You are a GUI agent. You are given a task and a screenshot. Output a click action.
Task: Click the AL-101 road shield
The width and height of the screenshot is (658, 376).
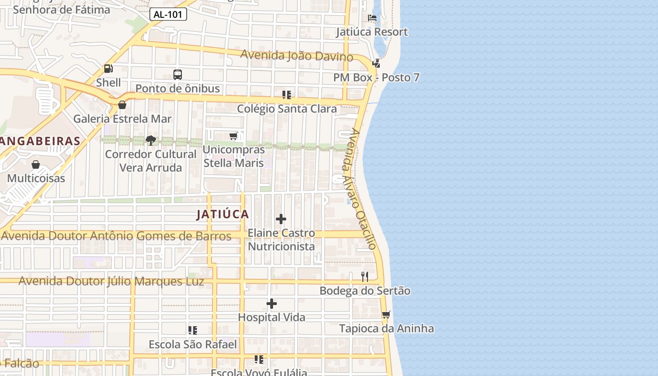[168, 15]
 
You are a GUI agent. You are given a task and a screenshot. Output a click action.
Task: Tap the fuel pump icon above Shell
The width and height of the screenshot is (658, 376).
[109, 69]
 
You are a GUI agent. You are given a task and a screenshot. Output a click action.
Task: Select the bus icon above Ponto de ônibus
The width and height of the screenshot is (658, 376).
[178, 74]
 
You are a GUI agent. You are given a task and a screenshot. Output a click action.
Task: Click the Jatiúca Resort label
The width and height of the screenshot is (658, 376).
[372, 32]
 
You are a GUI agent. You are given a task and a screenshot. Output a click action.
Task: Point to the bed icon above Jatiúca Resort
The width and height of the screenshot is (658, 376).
[372, 18]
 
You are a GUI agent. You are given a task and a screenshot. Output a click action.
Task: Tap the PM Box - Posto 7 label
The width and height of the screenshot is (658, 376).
[376, 78]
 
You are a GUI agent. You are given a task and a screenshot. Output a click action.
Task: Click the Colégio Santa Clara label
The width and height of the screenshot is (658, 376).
[287, 109]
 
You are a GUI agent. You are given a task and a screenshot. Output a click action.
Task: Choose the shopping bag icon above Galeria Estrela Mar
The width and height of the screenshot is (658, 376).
[122, 105]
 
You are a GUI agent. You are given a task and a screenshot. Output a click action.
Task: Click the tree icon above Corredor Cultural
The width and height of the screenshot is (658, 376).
[151, 140]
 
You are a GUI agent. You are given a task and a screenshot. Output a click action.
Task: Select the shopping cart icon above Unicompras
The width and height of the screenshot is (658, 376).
[233, 136]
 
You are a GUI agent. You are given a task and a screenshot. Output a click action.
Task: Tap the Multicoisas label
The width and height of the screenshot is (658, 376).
[36, 178]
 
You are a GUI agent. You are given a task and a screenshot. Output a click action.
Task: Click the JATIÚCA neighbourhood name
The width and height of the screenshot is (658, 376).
[222, 214]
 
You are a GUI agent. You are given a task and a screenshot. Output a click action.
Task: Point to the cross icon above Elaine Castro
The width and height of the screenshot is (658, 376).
[281, 219]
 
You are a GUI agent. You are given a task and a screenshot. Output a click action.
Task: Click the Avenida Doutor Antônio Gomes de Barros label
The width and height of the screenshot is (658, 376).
[117, 235]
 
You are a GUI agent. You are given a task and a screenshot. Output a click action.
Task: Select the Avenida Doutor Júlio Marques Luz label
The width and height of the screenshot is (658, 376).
[111, 281]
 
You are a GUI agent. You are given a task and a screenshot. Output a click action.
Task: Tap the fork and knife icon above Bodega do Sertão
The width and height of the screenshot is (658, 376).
[365, 276]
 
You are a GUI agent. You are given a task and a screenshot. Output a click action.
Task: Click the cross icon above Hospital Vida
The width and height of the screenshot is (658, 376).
[272, 304]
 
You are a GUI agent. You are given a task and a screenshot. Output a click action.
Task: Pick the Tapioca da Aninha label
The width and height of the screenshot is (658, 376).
[386, 328]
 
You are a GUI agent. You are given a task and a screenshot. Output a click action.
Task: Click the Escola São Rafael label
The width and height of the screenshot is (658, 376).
[193, 345]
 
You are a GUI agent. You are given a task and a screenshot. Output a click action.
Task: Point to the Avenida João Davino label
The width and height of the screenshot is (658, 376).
[297, 55]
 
